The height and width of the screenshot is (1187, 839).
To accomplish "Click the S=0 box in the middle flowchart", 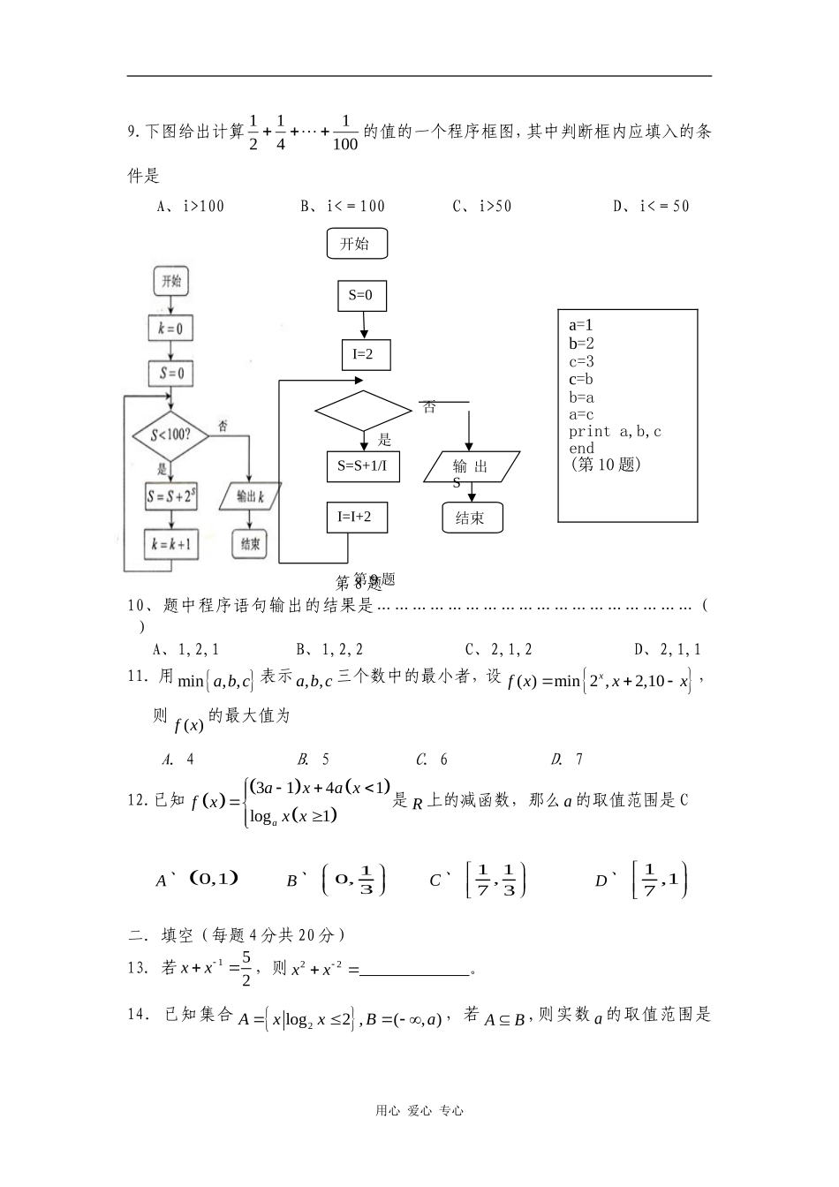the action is coord(361,296).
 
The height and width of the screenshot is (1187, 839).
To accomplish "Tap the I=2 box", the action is coord(366,355).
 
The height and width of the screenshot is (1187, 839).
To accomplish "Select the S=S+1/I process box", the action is coord(362,465).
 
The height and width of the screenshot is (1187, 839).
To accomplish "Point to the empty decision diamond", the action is coord(363,410).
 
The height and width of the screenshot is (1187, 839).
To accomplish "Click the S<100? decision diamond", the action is coord(171,435).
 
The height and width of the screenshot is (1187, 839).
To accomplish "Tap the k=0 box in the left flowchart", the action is coord(170,329).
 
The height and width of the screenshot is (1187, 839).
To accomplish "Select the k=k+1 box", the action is coord(170,544).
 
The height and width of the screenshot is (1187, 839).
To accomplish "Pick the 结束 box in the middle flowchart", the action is coord(472,518).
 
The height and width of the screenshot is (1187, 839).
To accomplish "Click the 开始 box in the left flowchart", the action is coord(170,282).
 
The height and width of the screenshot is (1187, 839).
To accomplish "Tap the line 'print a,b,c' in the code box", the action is coord(615,432).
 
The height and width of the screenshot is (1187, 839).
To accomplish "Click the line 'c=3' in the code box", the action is coord(581,361).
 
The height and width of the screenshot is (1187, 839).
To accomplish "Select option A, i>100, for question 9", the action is coord(190,207).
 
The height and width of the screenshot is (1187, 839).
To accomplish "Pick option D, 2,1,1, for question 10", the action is coord(668,650).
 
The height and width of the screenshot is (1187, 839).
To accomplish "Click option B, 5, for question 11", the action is coord(314,759).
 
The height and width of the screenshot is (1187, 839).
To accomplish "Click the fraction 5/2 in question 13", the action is coord(246,968).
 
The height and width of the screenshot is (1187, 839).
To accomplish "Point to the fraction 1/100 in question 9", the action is coord(345,132).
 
